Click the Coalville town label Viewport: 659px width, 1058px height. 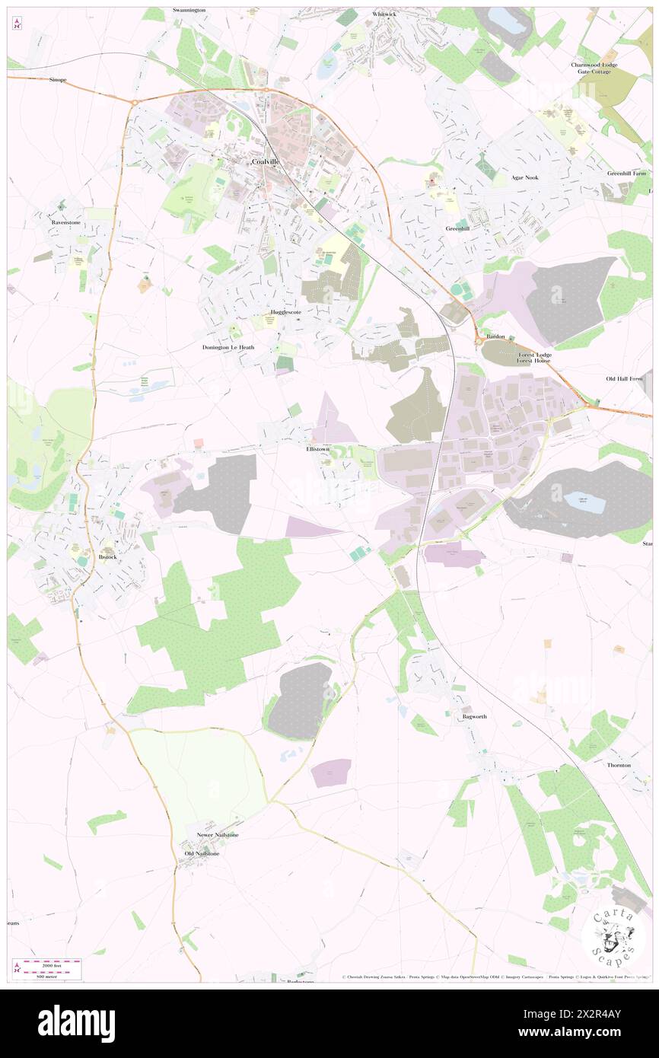[x=264, y=162]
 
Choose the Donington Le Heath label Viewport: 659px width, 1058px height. [x=228, y=347]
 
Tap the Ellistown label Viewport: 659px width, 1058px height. [x=317, y=449]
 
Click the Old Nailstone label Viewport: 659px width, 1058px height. [x=202, y=854]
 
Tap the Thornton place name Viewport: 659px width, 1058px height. [x=618, y=764]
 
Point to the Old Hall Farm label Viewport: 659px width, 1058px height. [x=624, y=378]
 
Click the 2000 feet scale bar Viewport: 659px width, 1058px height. [x=50, y=964]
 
